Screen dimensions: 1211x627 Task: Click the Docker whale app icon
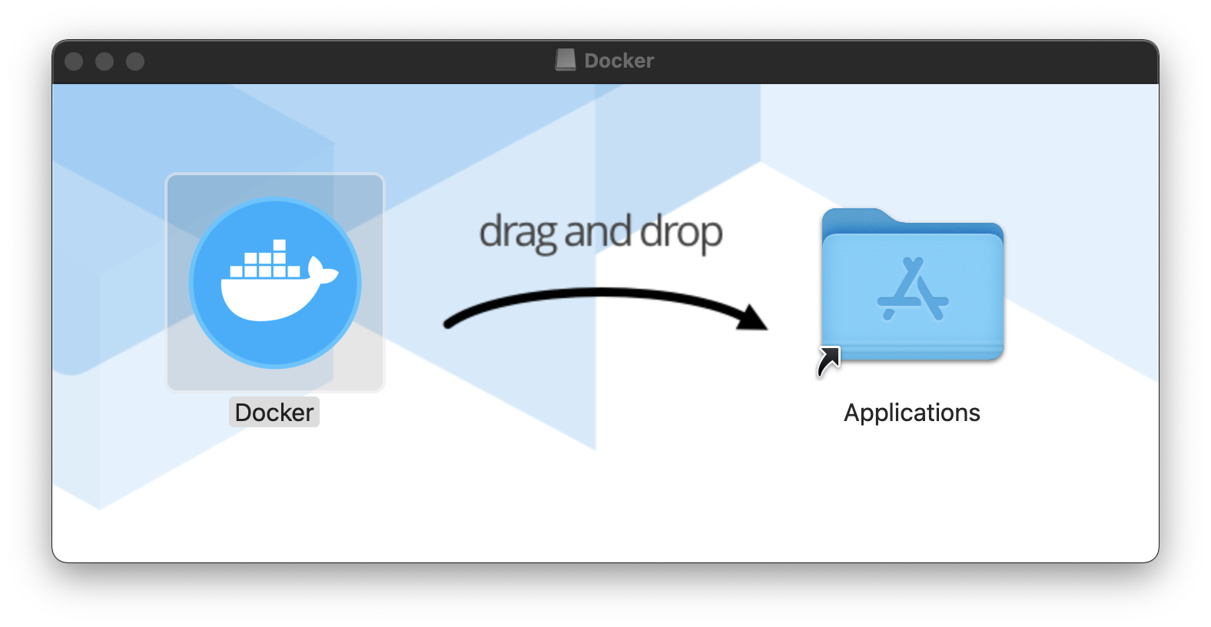tap(275, 283)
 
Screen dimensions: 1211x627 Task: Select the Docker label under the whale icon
tap(274, 413)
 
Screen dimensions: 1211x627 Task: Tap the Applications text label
tap(912, 413)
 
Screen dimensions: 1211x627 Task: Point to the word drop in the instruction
tap(681, 232)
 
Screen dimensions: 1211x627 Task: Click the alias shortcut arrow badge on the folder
tap(828, 361)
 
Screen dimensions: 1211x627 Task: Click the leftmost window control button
tap(74, 61)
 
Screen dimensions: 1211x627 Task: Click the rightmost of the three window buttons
tap(135, 61)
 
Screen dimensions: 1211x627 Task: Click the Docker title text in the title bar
tap(619, 61)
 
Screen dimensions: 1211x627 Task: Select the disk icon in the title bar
tap(566, 60)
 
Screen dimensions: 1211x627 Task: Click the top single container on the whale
tap(279, 246)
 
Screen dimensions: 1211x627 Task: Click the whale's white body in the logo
tap(261, 300)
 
